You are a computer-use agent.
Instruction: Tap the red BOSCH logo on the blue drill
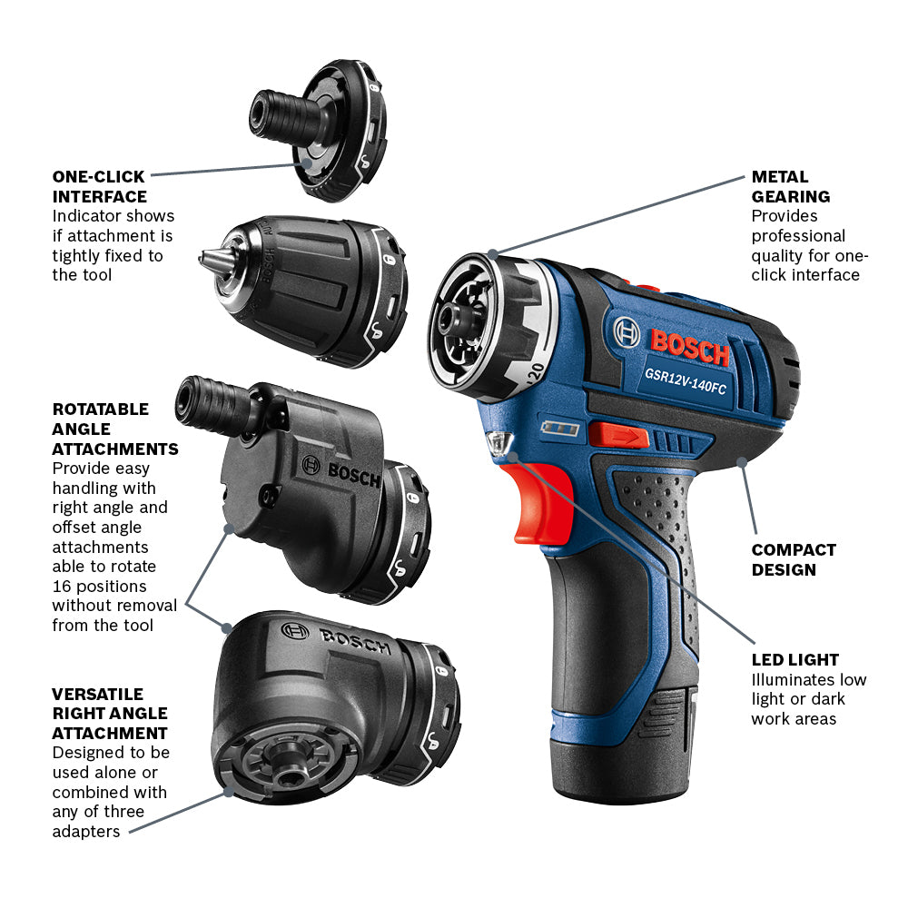coord(689,344)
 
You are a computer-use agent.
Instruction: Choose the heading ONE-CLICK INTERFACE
coord(100,186)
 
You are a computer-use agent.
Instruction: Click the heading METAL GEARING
coord(790,186)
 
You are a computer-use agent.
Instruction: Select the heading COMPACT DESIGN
coord(794,559)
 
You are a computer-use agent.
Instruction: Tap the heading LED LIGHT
coord(794,660)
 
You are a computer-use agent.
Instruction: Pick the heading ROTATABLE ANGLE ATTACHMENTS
coord(114,429)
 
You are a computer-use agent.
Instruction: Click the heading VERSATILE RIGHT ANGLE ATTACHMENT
coord(110,713)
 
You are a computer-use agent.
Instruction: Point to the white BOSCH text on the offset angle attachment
coord(353,474)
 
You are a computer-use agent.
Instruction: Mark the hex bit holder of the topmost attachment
coord(275,113)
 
